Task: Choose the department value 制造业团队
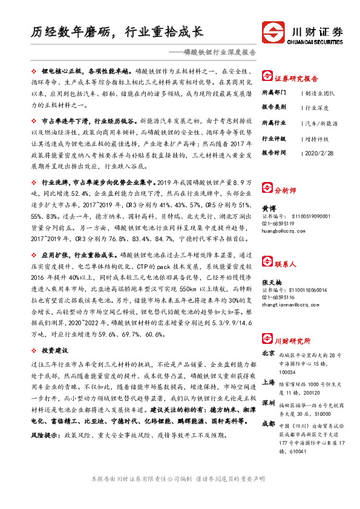[x=321, y=94]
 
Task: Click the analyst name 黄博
[x=269, y=206]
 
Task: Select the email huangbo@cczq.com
[x=283, y=230]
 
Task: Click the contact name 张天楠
[x=272, y=281]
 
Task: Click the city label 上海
[x=269, y=382]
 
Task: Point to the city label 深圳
[x=269, y=403]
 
